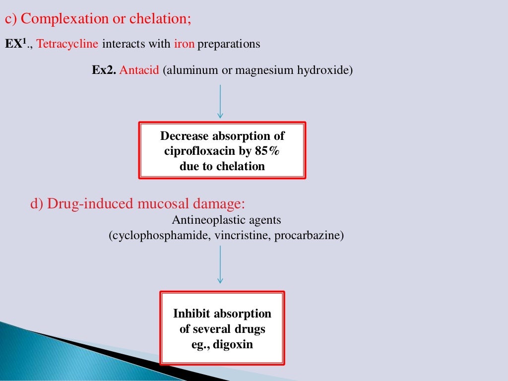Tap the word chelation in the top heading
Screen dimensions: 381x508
point(158,19)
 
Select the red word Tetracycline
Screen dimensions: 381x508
point(67,44)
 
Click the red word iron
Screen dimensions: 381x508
point(184,44)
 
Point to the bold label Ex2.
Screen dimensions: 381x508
point(104,70)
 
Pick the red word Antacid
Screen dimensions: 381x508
point(139,70)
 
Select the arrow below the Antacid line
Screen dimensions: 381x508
point(220,102)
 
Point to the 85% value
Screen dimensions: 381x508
point(268,151)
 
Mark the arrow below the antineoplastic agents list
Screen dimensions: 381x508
point(220,264)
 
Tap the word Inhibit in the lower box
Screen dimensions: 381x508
point(191,314)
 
